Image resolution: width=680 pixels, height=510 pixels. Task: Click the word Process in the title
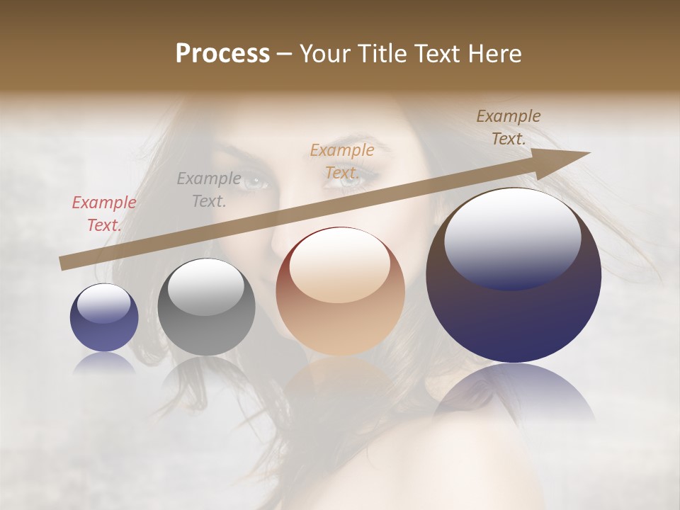222,53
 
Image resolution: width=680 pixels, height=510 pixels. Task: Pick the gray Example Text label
209,190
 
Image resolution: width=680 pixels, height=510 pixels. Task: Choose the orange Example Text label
342,161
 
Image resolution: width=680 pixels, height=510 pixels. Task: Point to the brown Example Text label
509,127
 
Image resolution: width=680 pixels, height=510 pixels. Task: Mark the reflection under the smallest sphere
104,363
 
